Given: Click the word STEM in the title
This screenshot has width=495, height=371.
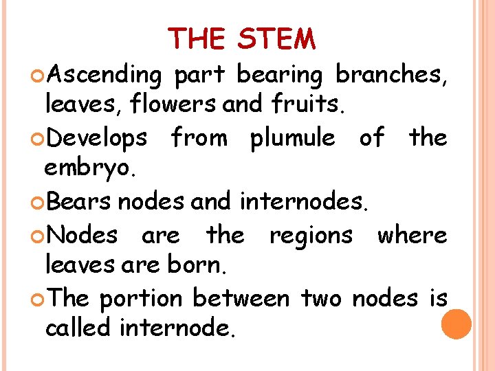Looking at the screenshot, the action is (x=276, y=39).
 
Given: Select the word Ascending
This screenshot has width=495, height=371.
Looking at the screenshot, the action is (x=102, y=75).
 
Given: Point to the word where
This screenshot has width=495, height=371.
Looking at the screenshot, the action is (x=412, y=235).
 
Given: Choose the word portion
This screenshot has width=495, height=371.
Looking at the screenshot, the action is (x=140, y=299).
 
